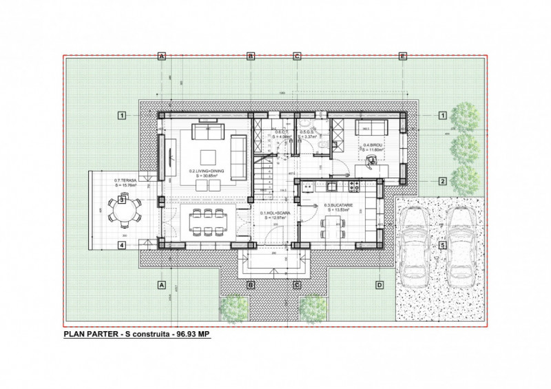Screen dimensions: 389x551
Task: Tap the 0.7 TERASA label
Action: point(127,180)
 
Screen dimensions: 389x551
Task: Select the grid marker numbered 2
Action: point(441,182)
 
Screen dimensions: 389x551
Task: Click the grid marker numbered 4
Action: point(121,244)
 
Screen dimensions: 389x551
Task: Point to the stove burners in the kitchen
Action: point(358,186)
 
